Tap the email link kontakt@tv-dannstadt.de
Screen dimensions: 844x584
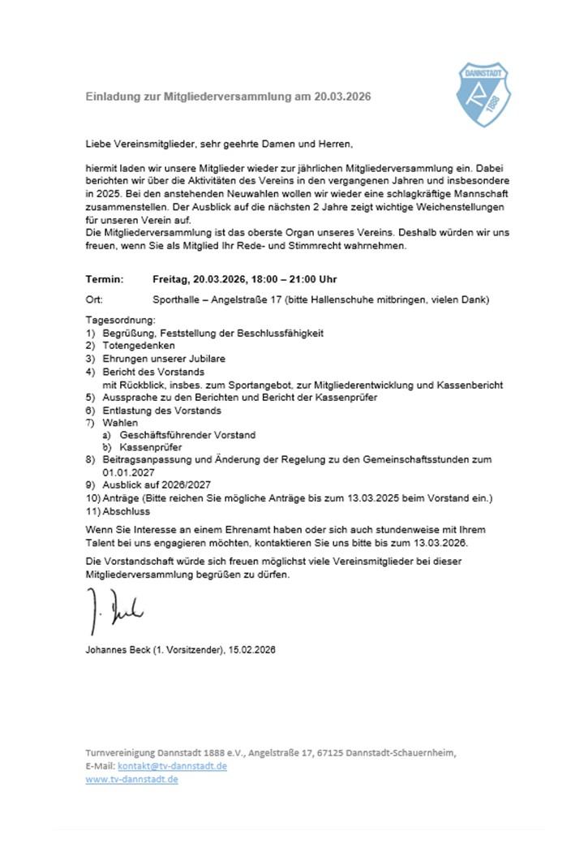[172, 765]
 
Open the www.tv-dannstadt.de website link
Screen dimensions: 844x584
[131, 779]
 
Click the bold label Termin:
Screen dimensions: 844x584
[105, 279]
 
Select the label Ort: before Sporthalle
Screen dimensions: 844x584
[95, 299]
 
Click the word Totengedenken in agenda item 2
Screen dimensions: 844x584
[138, 346]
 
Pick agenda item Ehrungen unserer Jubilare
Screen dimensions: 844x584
[164, 358]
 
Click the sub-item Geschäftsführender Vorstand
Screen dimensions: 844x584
[187, 435]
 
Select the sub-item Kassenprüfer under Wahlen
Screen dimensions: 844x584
[150, 447]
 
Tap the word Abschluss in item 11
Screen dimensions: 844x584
[127, 511]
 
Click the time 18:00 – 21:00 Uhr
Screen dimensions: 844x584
[278, 279]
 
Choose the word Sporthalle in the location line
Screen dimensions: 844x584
[176, 299]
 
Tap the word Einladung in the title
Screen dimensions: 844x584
[114, 97]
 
